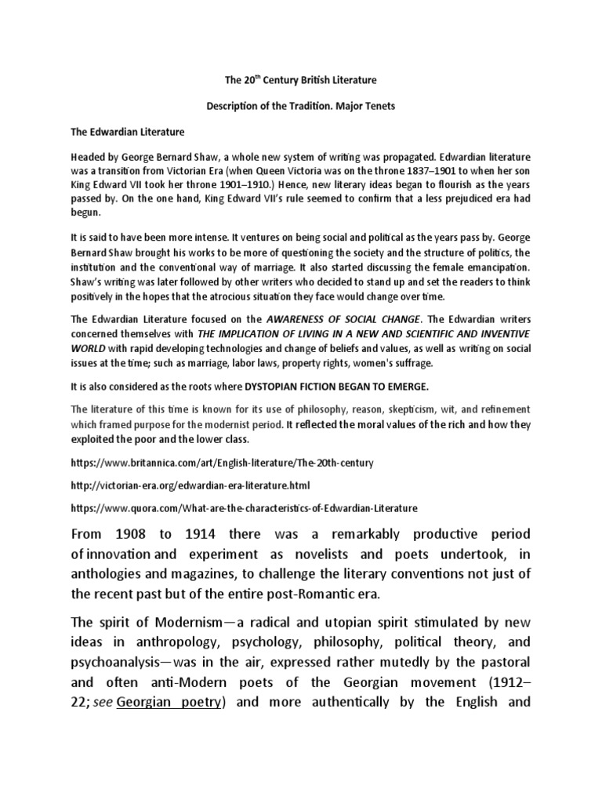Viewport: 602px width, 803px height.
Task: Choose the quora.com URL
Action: (244, 508)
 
